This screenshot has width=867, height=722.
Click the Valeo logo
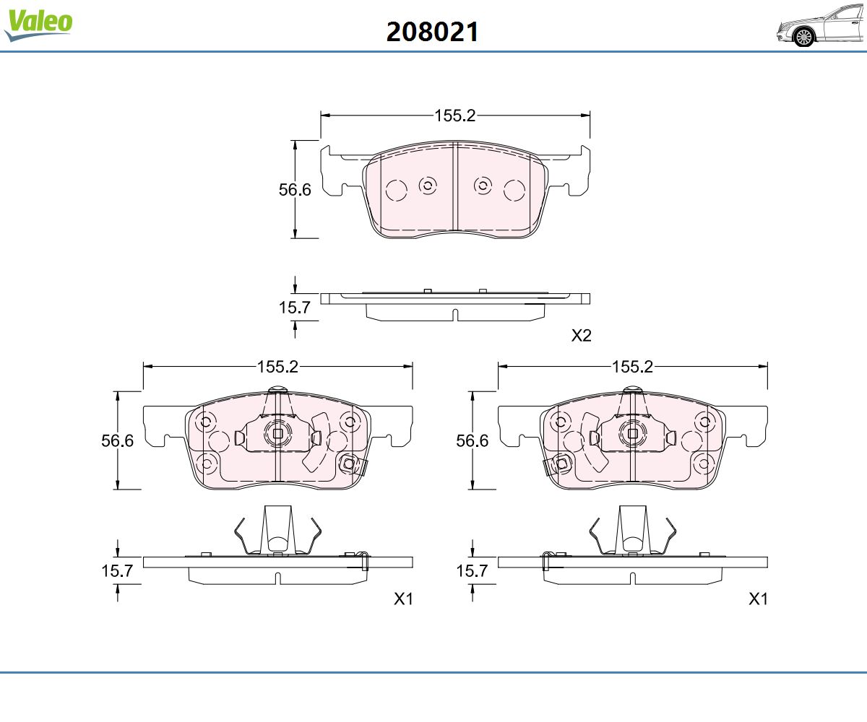point(38,25)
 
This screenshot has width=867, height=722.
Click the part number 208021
point(432,32)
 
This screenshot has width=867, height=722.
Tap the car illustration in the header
point(821,25)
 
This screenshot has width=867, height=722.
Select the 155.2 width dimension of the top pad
point(454,116)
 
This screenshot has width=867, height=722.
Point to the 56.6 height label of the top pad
point(295,190)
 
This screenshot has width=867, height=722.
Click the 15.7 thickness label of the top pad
point(294,308)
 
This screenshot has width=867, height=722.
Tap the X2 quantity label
point(581,335)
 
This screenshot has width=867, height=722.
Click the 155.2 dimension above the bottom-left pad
point(277,367)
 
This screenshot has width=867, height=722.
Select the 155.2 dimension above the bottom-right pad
point(633,367)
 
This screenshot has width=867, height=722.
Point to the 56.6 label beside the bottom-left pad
point(118,440)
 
